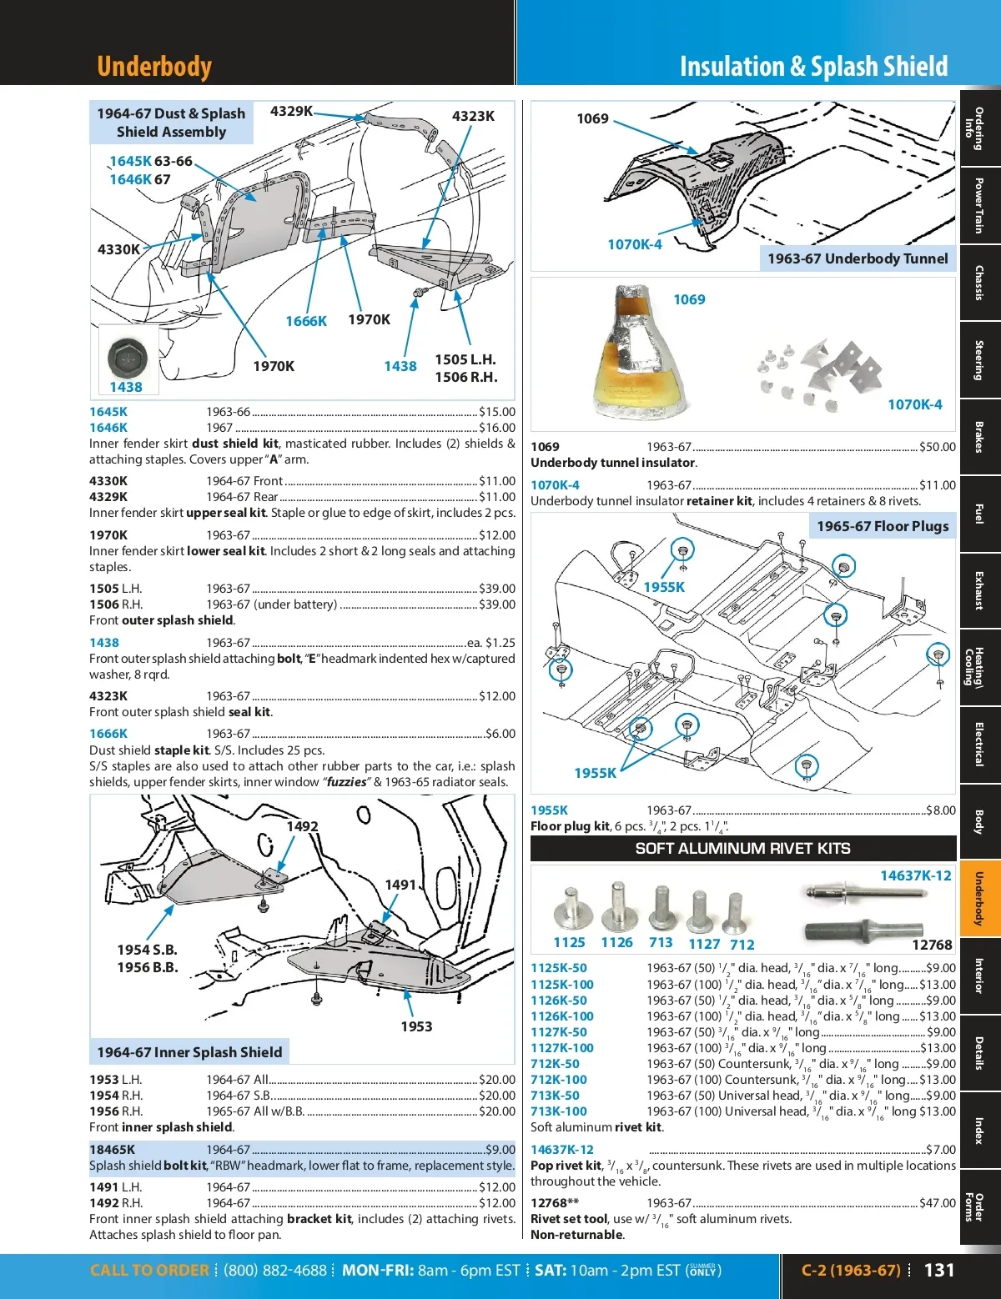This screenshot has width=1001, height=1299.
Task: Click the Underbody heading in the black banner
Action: [154, 66]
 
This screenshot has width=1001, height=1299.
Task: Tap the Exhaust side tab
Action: [979, 590]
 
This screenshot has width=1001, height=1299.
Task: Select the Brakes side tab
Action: [979, 437]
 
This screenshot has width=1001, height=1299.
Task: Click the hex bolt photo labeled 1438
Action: [128, 355]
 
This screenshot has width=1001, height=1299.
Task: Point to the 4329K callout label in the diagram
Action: [291, 111]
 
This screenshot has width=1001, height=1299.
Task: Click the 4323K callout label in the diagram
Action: [473, 116]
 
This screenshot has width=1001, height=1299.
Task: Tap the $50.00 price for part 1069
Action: [938, 447]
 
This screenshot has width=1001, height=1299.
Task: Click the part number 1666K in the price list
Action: [108, 734]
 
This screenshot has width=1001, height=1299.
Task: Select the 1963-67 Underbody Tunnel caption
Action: [858, 258]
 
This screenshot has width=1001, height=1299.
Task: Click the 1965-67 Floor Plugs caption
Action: [883, 526]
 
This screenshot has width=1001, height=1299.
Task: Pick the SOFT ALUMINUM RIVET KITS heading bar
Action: [742, 849]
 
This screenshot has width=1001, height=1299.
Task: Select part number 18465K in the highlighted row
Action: [112, 1150]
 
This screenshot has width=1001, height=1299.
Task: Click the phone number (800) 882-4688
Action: [275, 1271]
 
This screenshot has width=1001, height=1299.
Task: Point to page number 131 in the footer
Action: [939, 1270]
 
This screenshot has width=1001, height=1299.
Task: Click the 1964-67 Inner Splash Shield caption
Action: [189, 1052]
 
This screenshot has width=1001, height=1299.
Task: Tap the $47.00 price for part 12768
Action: [938, 1203]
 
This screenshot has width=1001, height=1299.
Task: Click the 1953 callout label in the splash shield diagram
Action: [416, 1026]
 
